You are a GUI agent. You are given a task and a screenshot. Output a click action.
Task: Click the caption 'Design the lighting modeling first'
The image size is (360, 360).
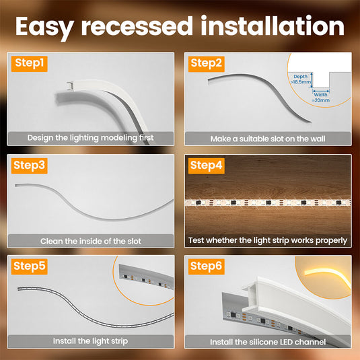coord(90,138)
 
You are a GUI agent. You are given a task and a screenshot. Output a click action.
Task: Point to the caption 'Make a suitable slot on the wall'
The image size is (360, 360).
coord(268,138)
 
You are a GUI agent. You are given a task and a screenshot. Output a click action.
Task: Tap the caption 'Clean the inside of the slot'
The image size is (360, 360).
coord(90,240)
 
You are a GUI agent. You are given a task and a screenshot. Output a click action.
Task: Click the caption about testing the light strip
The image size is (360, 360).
coord(268,240)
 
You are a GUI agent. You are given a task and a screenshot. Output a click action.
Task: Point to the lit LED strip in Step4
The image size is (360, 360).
coord(268,203)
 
